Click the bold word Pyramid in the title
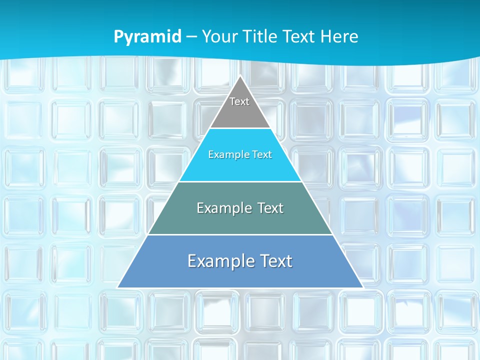point(147,37)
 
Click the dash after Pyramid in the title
point(191,37)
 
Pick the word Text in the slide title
point(300,36)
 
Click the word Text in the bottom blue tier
point(273,261)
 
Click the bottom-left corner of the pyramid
point(118,287)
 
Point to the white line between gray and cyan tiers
point(240,128)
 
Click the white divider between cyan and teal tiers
point(240,181)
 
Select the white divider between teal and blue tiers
point(240,234)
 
